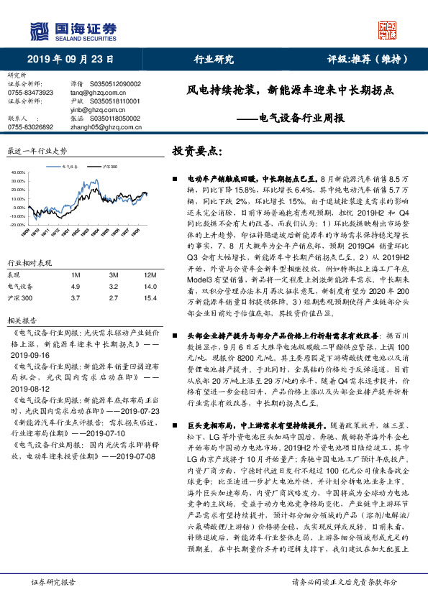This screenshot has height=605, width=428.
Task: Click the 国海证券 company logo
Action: click(x=72, y=30)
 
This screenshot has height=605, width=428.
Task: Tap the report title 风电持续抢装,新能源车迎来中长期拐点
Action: click(x=290, y=91)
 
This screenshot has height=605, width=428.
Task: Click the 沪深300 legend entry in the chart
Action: click(x=109, y=165)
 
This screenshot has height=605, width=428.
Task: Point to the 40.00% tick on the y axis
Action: click(x=19, y=174)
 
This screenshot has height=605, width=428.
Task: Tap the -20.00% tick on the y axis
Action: click(x=18, y=224)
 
